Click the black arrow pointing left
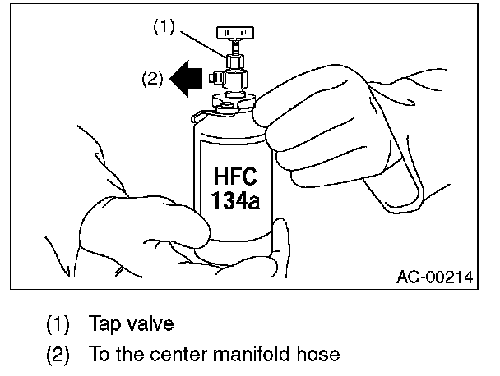click(x=187, y=79)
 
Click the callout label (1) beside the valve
click(x=164, y=26)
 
